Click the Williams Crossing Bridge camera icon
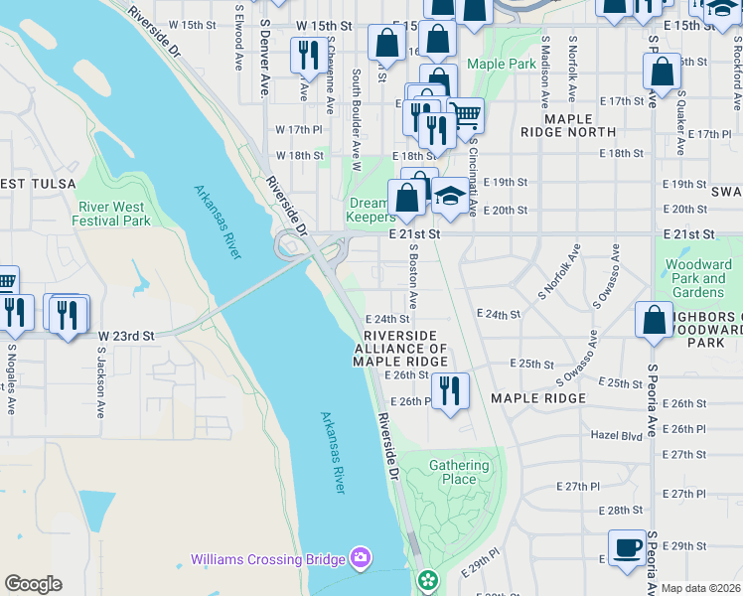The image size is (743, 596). point(359,559)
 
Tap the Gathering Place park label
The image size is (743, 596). point(459,472)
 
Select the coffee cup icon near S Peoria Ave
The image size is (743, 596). point(627,548)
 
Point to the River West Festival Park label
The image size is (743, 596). point(111,214)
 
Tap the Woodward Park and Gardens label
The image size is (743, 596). point(698,279)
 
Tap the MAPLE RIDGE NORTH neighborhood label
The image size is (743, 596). point(568,125)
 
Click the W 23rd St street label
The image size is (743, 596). point(126,337)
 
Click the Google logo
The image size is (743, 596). point(33,583)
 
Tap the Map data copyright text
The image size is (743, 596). point(700,588)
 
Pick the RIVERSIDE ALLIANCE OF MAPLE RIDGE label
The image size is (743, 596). point(401,349)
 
